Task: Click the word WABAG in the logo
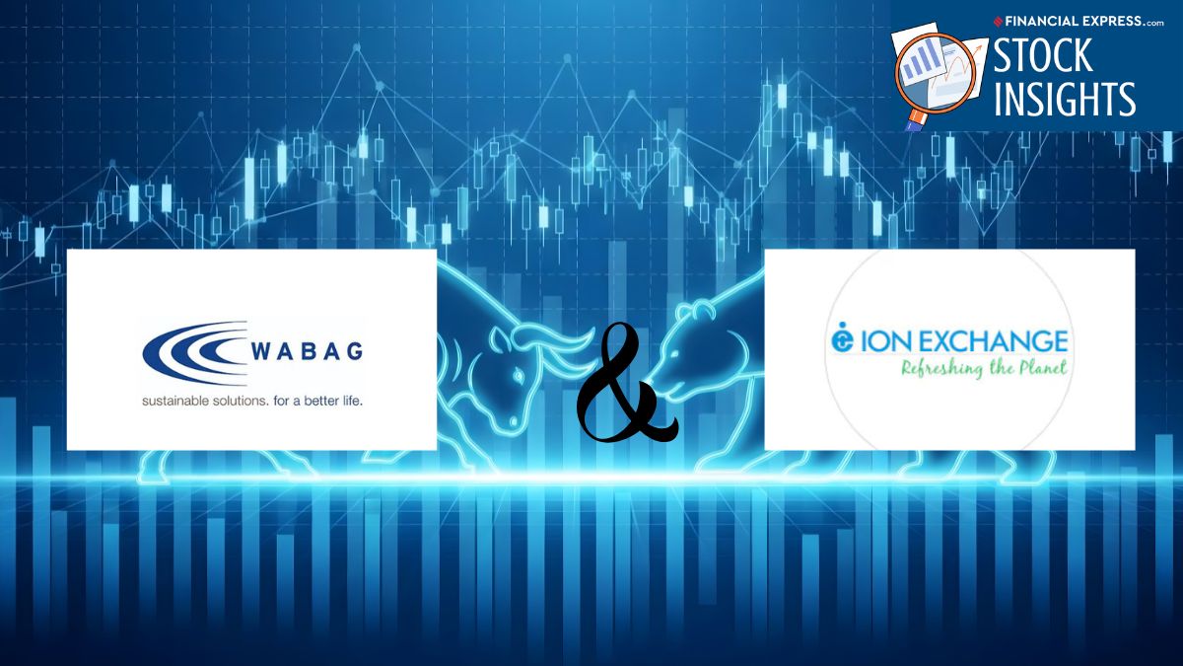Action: pos(307,351)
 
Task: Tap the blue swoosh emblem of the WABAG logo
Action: pos(195,352)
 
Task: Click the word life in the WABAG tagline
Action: pos(352,402)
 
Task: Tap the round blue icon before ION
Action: pos(842,337)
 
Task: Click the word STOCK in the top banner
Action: pos(1043,55)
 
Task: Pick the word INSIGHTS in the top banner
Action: pos(1065,98)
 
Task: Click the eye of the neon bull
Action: pos(520,376)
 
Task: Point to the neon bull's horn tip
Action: pos(593,333)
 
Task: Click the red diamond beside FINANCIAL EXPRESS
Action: pos(998,22)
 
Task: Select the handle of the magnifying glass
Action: pos(915,121)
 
